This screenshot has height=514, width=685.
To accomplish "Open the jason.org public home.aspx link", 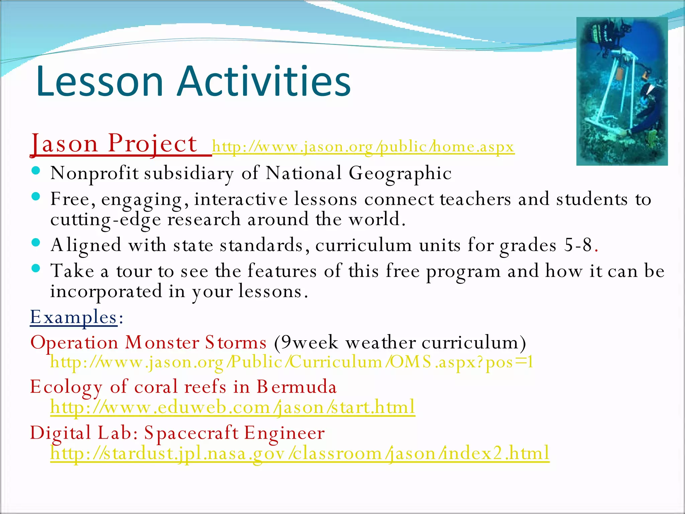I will click(363, 147).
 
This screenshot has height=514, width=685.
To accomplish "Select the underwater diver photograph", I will click(622, 91).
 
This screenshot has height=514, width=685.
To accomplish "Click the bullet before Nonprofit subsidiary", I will click(36, 171).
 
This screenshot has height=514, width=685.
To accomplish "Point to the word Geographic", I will click(400, 173).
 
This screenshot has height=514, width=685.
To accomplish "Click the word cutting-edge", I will click(106, 220).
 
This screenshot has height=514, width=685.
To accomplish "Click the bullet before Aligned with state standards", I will click(36, 242).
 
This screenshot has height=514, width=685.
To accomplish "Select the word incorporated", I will click(106, 291).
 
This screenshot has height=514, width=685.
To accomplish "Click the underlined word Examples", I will click(74, 317).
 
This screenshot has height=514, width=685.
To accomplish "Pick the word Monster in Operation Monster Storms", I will click(163, 343).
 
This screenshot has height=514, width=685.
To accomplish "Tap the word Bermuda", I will click(296, 387).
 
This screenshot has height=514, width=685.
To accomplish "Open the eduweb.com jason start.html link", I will click(232, 407).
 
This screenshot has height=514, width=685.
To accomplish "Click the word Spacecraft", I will click(191, 433).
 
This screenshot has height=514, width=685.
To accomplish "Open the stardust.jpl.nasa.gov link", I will click(299, 453).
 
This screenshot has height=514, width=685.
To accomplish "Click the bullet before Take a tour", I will click(36, 268).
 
